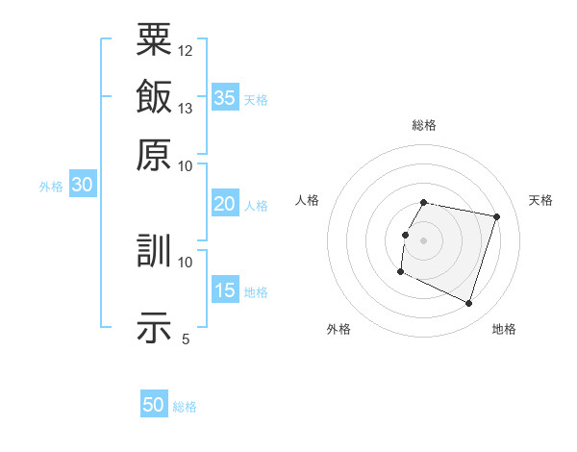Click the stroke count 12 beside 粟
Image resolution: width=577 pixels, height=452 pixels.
[186, 50]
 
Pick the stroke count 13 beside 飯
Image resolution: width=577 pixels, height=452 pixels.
[186, 108]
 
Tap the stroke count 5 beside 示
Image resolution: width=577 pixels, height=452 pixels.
[186, 339]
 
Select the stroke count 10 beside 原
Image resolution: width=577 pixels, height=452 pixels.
[186, 165]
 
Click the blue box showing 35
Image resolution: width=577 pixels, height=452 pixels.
[225, 97]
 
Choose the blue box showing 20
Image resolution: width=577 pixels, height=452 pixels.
[225, 204]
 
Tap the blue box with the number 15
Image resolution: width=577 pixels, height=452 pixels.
[225, 290]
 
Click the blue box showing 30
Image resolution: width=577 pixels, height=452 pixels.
[82, 185]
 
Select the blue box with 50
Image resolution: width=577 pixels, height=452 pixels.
[154, 405]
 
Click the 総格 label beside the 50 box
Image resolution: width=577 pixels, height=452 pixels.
[186, 407]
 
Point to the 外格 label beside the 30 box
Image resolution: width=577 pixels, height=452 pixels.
[51, 187]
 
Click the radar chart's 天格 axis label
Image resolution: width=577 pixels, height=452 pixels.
[540, 200]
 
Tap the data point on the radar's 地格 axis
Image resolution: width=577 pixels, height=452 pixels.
[468, 304]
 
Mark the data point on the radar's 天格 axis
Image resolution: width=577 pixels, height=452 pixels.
[496, 217]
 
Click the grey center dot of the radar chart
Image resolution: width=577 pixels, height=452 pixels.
[424, 239]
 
